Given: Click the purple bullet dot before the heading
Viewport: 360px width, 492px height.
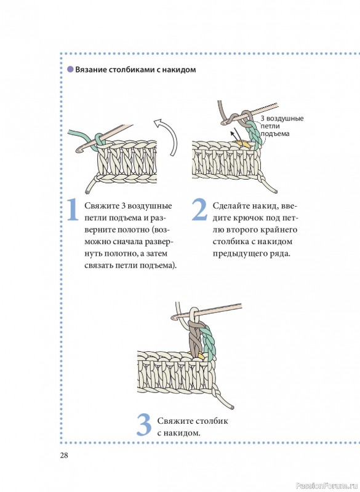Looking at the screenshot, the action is coord(70,69).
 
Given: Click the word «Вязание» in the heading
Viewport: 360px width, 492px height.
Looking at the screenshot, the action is coord(90,69).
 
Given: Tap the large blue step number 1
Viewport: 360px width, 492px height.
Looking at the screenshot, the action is coord(73,209).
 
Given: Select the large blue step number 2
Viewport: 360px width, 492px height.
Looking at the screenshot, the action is coord(199,209).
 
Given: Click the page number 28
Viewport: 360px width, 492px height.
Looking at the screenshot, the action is coord(64,455).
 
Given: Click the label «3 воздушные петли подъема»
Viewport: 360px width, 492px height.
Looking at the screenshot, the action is coord(281,126).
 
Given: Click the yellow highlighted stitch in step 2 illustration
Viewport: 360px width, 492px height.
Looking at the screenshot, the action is coord(243,145).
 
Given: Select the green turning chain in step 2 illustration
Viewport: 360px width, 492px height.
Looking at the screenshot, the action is coord(255,134).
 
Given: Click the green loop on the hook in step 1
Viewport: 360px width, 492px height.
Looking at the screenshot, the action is coord(98,140).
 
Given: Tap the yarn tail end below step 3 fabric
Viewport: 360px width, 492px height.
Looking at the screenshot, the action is coord(231,407).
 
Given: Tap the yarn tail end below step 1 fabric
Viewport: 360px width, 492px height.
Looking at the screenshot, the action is coord(87,191).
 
